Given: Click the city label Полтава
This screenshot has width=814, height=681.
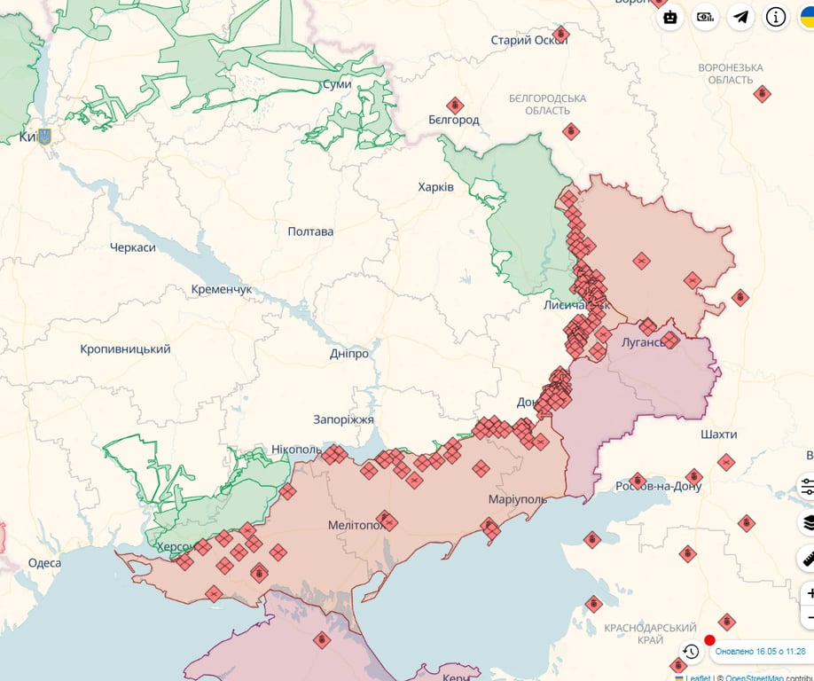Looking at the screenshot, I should point(310,231).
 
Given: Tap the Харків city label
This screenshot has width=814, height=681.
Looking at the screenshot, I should point(435,187).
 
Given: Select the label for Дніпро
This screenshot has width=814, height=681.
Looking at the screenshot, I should point(348,354).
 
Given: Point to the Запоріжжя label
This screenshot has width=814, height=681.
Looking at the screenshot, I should point(343,419).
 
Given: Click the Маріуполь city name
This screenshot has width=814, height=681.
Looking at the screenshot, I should point(517,499).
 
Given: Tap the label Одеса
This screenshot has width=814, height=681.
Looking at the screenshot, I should point(44,563).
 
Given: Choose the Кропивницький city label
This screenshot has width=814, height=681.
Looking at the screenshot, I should point(125,349).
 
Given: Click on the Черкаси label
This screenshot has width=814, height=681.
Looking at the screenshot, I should point(133,247).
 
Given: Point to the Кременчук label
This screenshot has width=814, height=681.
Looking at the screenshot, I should point(222,290).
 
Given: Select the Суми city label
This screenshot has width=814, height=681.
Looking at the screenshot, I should point(336,84).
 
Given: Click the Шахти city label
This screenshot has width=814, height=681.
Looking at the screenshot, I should point(718,434).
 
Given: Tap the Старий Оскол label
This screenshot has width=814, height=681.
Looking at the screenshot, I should point(529,40).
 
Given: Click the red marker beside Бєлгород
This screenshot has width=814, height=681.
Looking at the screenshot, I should point(455,105).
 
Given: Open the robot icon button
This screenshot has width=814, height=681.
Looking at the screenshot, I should point(670,17).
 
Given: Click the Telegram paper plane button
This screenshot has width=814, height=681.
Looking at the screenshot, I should point(740,17).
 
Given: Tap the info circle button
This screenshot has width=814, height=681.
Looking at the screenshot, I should point(776,17).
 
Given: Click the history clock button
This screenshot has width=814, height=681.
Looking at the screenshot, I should point(691,652).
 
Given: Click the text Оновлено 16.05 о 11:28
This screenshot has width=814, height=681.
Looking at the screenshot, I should point(760,652).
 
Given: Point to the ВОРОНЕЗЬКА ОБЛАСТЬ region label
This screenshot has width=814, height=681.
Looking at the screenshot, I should point(730,74).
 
